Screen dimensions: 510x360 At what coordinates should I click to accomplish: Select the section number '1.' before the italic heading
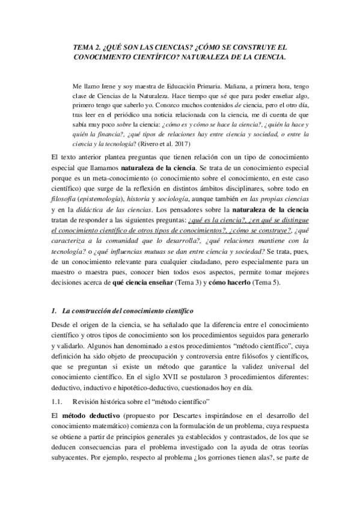(x=53, y=310)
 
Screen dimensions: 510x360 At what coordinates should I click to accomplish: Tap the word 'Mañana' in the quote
(x=228, y=85)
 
